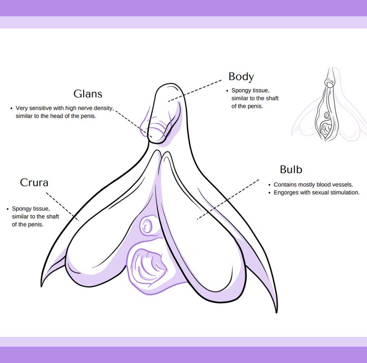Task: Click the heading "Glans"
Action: point(88,94)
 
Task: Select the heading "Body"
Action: point(241,77)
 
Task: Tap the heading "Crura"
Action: point(34,183)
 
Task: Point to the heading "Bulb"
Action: point(291,169)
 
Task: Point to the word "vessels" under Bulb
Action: point(342,185)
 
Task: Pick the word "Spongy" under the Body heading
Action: point(241,90)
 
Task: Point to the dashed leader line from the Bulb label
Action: point(228,199)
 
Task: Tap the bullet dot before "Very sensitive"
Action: point(11,108)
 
